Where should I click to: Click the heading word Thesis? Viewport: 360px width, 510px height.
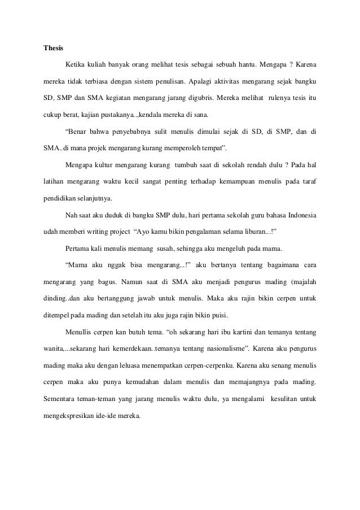click(53, 47)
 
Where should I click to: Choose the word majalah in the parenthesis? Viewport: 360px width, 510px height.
click(302, 280)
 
